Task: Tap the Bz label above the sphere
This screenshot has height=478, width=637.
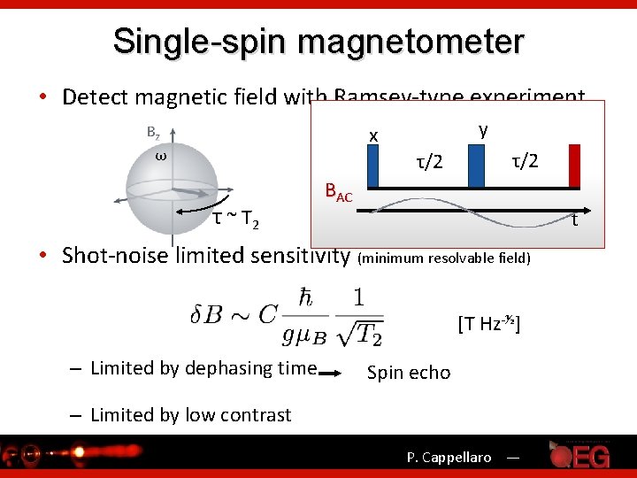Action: [153, 133]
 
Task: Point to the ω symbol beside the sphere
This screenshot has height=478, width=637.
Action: [161, 156]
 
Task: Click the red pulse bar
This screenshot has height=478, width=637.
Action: [574, 166]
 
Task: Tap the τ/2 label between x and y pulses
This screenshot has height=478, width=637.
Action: [429, 162]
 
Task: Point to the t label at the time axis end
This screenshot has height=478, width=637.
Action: [574, 219]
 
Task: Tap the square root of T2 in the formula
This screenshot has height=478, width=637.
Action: [362, 333]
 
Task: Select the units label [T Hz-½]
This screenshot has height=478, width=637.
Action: [488, 323]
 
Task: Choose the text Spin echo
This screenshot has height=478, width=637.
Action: [408, 373]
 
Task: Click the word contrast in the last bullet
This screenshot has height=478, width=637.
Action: [254, 414]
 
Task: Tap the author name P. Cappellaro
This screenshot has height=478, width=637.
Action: [449, 458]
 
